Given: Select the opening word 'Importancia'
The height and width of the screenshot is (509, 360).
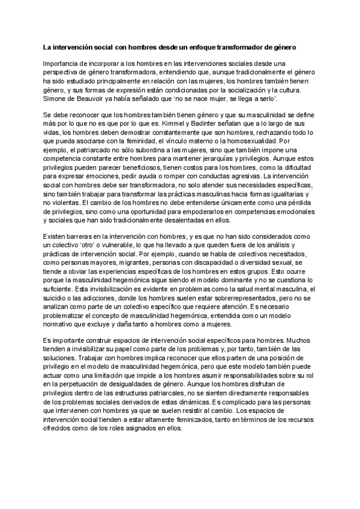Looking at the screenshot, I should click(61, 63).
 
